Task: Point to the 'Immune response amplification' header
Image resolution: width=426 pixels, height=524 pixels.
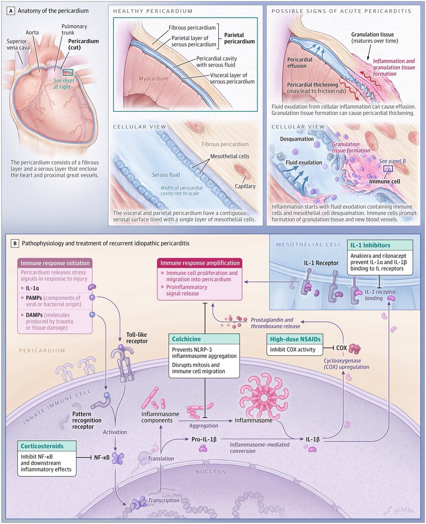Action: click(x=199, y=263)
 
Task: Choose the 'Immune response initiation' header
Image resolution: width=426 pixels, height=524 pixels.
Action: click(x=54, y=263)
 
